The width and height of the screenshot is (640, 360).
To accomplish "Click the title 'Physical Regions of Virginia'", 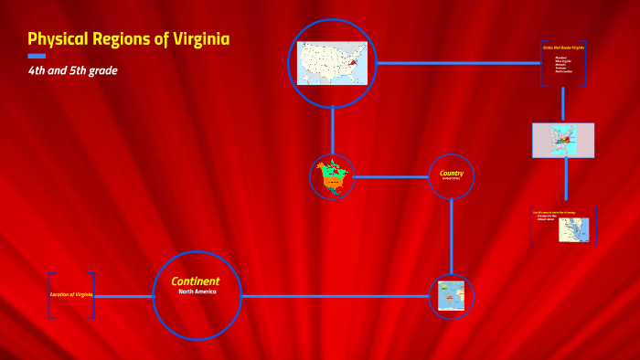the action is pos(128,39).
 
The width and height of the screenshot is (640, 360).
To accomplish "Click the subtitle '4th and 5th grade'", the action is pos(72,70).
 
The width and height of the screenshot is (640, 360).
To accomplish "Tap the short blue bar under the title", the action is pos(37,57).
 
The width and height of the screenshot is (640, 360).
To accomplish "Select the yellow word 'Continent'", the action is pos(196,281).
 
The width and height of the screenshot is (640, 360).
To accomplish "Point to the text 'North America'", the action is pos(197,291).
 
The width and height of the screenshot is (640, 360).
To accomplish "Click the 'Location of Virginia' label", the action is pos(71,294).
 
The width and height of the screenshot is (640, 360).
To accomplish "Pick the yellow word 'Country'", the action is pos(452,173).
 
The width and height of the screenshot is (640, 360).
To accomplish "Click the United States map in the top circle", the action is pos(333,63).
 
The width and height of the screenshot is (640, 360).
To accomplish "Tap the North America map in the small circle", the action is pos(332,176).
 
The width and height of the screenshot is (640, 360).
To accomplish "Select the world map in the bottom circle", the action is pos(451,296).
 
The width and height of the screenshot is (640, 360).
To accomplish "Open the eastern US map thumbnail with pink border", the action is pos(563,141).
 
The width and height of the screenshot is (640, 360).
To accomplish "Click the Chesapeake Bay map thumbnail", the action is pos(573,229).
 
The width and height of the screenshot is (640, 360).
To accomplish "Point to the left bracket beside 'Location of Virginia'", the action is pos(51,295).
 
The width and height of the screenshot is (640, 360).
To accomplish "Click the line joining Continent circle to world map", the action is pos(335,296).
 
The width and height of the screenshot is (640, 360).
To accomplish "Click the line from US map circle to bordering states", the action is pos(457,63).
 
